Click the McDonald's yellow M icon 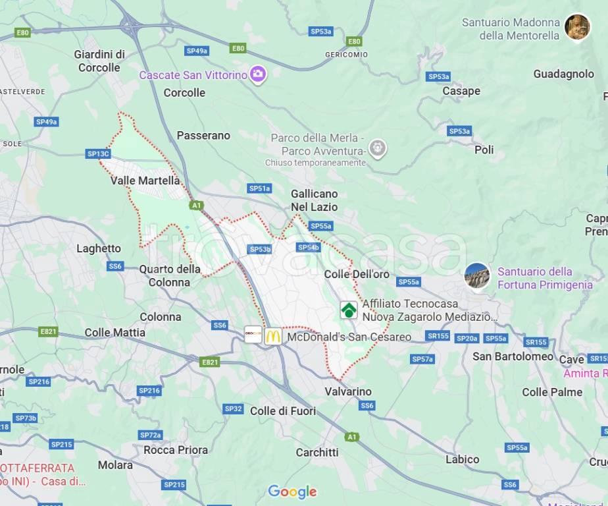[x=273, y=336]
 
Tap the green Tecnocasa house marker [x=348, y=310]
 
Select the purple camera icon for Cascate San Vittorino [x=258, y=74]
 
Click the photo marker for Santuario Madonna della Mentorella [x=577, y=27]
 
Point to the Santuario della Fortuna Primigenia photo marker [x=476, y=275]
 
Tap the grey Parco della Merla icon [x=377, y=148]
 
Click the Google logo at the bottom [x=292, y=492]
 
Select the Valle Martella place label [x=145, y=180]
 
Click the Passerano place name [x=203, y=135]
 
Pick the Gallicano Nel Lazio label [x=315, y=200]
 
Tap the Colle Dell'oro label [x=357, y=274]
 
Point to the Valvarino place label [x=348, y=391]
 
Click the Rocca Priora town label [x=176, y=450]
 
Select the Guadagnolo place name [x=563, y=74]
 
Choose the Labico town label [x=462, y=459]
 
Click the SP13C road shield [x=98, y=154]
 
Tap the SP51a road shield [x=259, y=188]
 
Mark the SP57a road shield [x=422, y=359]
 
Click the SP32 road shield [x=233, y=408]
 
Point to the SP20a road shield [x=467, y=338]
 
